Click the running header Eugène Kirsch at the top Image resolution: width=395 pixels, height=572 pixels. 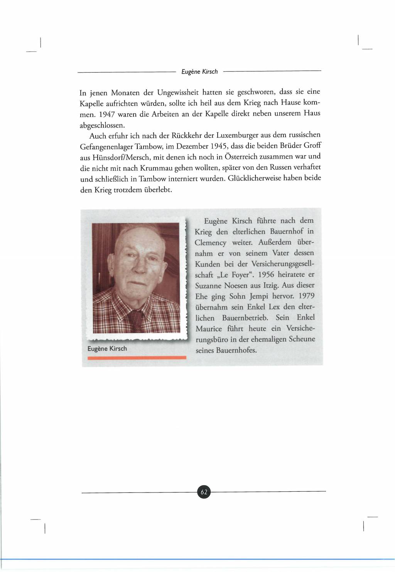[199, 71]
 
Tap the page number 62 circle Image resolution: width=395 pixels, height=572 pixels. [204, 492]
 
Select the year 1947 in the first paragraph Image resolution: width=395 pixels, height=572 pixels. [107, 115]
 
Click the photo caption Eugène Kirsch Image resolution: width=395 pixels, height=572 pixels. [107, 349]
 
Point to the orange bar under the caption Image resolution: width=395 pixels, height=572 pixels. [137, 358]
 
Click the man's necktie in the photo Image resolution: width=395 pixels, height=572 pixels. [137, 320]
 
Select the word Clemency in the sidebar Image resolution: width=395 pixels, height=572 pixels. [211, 243]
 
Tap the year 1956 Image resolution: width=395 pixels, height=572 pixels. [266, 274]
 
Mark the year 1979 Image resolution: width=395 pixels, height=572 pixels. [306, 296]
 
